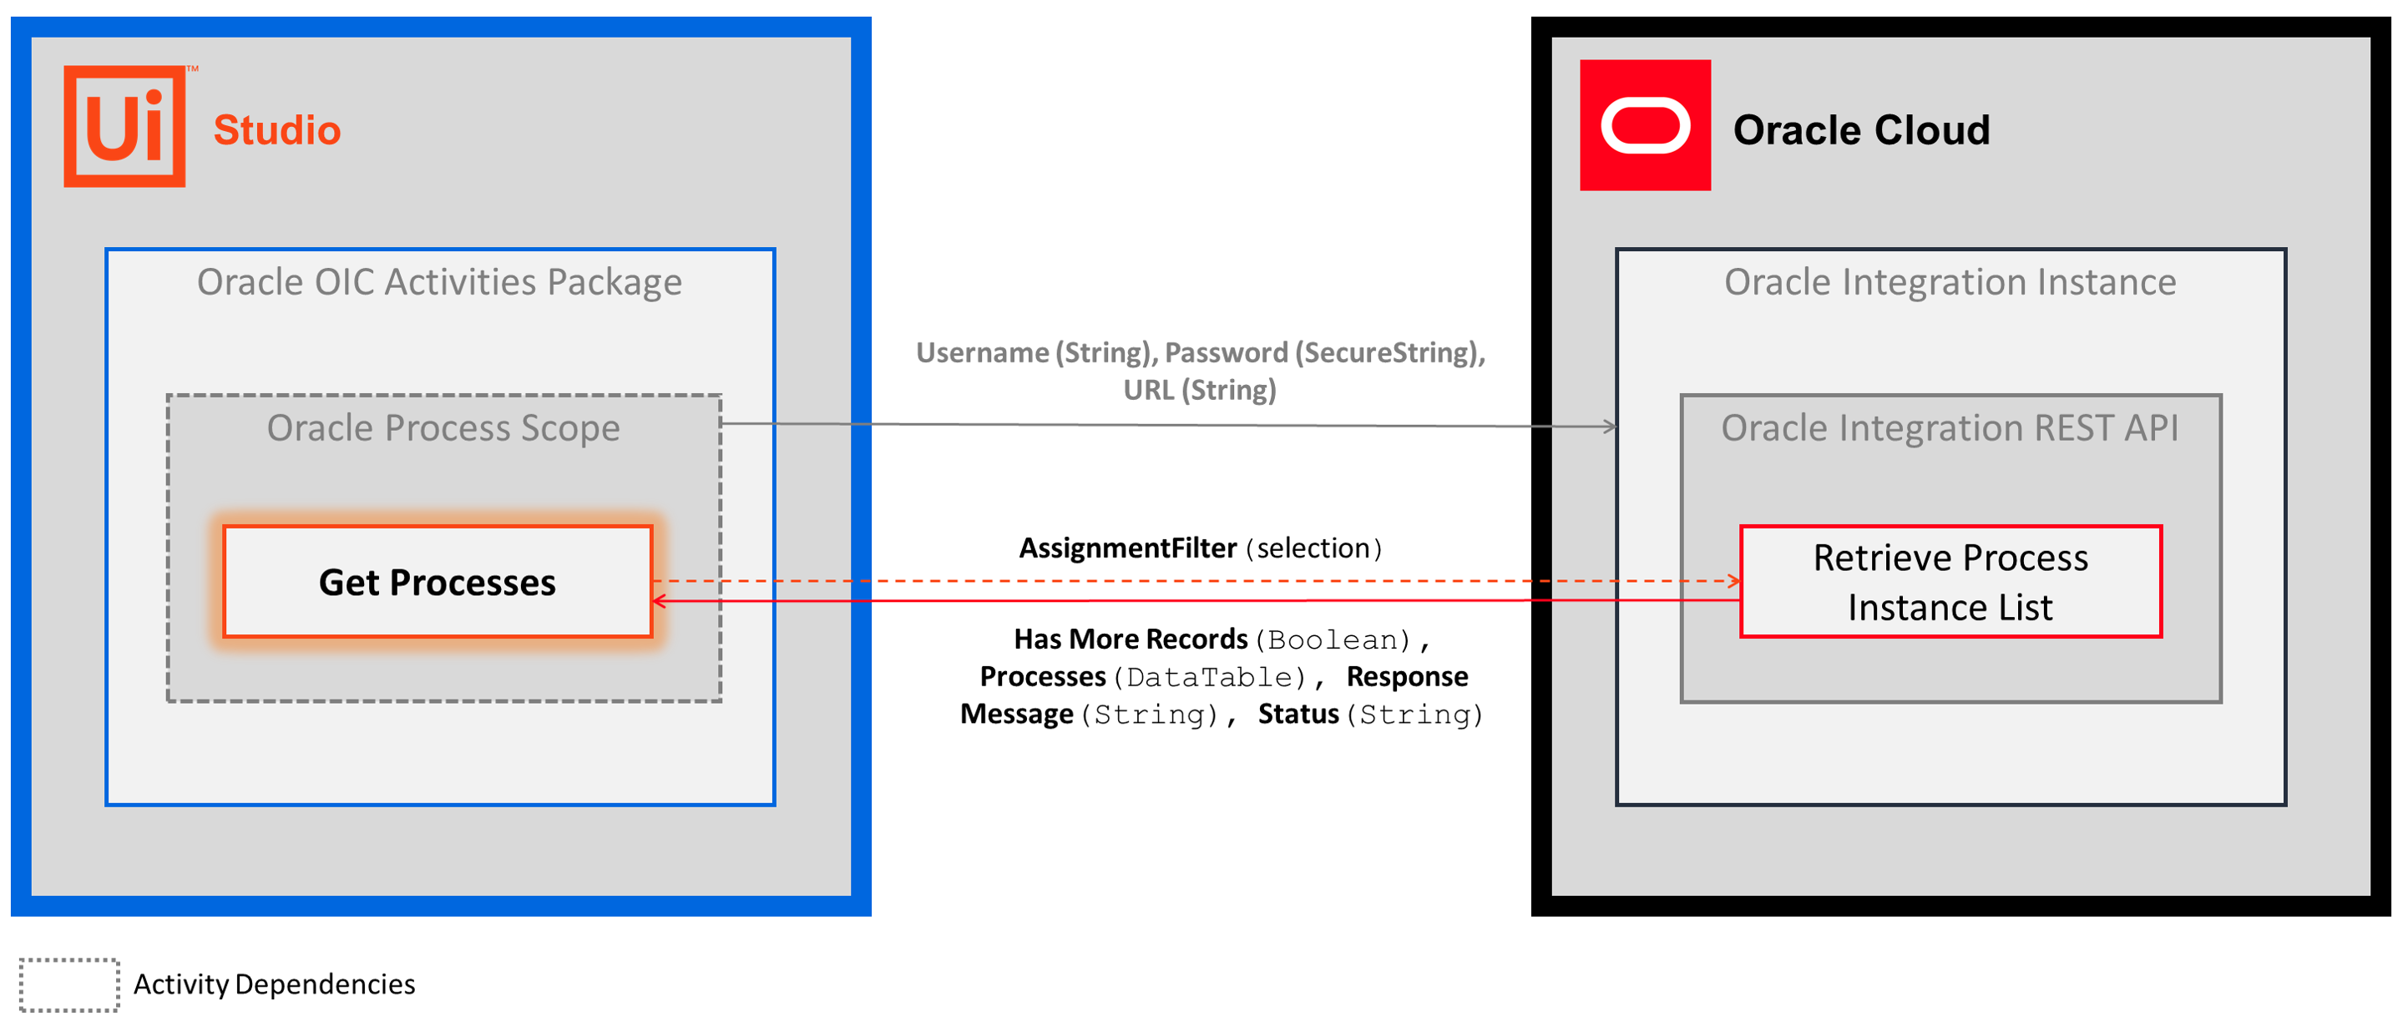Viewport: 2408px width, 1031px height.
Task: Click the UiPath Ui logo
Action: click(124, 126)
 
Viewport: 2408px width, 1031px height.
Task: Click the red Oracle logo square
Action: click(1645, 125)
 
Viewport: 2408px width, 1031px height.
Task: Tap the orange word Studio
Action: click(276, 130)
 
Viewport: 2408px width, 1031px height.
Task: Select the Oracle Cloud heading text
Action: click(1861, 130)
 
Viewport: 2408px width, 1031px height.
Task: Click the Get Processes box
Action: click(438, 581)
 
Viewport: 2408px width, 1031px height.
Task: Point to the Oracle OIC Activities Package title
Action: click(439, 282)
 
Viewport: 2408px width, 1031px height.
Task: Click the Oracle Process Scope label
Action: click(443, 428)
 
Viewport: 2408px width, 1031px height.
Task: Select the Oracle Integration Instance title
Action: click(1950, 282)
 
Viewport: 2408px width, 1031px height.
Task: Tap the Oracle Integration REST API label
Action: click(1950, 428)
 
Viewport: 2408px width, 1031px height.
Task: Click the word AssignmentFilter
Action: click(1127, 548)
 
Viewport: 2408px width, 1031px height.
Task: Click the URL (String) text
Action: click(1199, 390)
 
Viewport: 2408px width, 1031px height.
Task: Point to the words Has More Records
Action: click(1131, 639)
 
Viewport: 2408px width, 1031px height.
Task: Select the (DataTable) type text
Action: click(1209, 677)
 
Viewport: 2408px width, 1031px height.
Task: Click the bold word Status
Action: click(1298, 714)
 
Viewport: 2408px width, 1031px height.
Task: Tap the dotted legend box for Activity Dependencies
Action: click(69, 985)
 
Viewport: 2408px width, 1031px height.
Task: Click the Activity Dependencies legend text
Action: click(274, 984)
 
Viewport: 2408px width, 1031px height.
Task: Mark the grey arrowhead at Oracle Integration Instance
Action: click(1610, 427)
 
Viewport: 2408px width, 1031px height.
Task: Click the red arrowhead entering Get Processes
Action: click(659, 601)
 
